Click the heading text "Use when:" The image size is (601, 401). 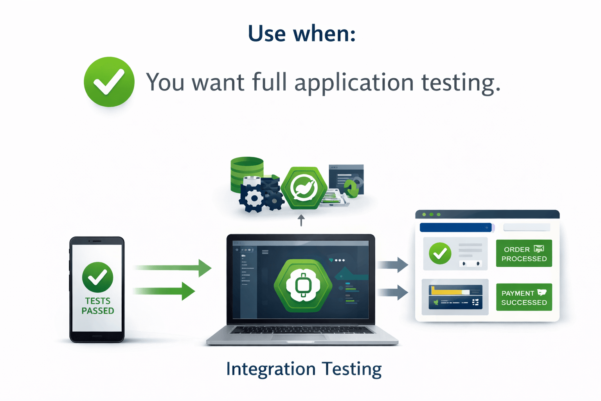(302, 34)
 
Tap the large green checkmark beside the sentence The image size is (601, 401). (109, 82)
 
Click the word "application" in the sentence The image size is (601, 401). (354, 83)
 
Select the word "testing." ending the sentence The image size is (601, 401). (461, 83)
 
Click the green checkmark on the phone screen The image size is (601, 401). (97, 277)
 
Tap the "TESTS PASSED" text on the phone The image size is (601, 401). (98, 306)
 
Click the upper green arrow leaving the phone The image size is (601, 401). (172, 268)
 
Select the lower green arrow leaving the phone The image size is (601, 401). (164, 291)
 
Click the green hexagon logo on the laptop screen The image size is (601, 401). (303, 285)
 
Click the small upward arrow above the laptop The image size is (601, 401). (301, 220)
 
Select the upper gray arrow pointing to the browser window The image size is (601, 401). (392, 265)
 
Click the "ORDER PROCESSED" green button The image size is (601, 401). (524, 254)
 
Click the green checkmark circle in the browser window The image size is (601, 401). (440, 253)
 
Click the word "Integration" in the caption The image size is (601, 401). (271, 369)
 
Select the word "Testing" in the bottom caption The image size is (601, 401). (351, 369)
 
